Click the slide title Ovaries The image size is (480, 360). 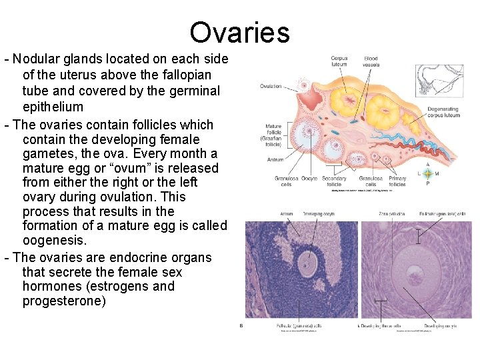239,33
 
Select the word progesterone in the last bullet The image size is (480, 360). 64,301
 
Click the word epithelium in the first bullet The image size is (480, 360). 53,107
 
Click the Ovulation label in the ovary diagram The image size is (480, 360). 271,86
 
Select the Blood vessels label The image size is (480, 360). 371,62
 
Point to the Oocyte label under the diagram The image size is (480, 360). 309,179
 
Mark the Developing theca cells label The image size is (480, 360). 381,326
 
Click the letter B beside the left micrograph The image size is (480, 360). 241,326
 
